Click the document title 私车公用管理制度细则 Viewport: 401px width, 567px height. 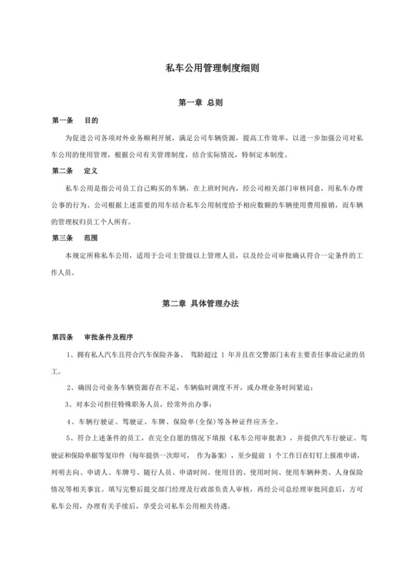coord(200,69)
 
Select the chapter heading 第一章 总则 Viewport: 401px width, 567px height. coord(200,103)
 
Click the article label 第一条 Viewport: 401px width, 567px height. coord(63,120)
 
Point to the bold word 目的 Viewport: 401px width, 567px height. coord(91,120)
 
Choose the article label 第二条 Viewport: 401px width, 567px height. coord(63,171)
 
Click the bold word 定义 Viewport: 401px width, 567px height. coord(91,171)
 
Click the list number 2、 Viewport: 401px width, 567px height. coord(69,387)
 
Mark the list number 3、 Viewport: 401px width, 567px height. coord(69,404)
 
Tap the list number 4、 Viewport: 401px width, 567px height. coord(69,422)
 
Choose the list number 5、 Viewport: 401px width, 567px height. coord(69,439)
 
